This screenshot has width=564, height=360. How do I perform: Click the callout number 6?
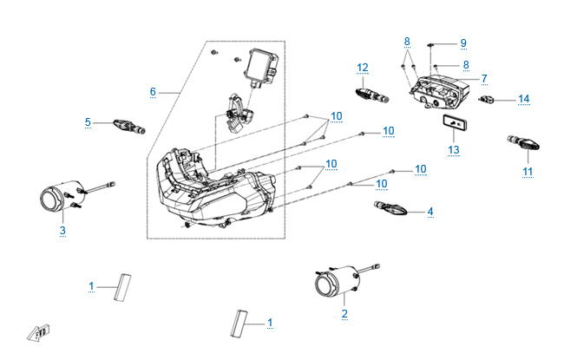(153, 91)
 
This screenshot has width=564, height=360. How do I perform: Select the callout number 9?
(463, 43)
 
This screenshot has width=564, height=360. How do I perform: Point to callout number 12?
(363, 67)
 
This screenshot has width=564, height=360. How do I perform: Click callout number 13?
(452, 149)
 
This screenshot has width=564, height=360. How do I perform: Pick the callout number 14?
(523, 100)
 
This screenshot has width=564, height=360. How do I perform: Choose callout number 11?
(527, 172)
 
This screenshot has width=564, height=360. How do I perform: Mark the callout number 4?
(430, 211)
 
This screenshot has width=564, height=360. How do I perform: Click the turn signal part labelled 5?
(128, 126)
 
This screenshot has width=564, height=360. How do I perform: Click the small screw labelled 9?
(432, 43)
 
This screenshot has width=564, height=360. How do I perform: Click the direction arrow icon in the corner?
(38, 331)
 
